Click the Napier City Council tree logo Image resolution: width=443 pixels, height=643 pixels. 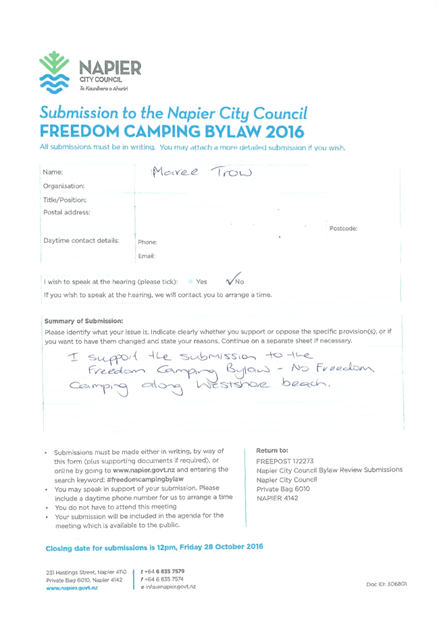[54, 72]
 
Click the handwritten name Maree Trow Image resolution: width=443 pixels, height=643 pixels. [202, 172]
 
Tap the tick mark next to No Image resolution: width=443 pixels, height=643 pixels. [233, 279]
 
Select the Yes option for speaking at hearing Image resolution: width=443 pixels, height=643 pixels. [201, 282]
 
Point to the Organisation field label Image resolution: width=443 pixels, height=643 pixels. [63, 186]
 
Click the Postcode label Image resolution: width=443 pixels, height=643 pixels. [343, 229]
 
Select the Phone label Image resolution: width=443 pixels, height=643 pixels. [147, 242]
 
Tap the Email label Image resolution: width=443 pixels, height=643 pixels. [147, 256]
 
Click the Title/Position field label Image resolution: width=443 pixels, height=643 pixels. [65, 200]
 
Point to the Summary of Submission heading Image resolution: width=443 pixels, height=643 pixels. [84, 321]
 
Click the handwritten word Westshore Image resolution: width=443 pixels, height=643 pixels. [233, 385]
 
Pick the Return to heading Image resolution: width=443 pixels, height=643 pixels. [272, 450]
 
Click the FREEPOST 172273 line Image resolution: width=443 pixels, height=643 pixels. [285, 461]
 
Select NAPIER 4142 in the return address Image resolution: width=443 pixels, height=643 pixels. [278, 498]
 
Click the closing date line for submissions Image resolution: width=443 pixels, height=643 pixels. [155, 547]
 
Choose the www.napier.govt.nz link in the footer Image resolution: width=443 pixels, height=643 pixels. [72, 588]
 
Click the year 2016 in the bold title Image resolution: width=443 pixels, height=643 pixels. [284, 132]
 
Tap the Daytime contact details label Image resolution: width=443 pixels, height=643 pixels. [81, 241]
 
